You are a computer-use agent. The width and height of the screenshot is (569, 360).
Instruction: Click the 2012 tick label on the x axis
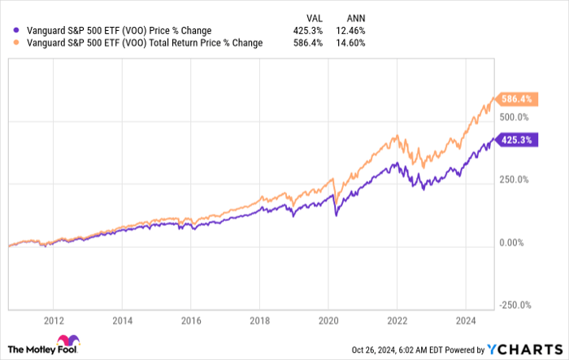[54, 320]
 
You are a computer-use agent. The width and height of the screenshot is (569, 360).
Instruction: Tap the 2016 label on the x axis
[191, 320]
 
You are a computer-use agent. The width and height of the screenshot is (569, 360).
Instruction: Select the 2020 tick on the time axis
[328, 320]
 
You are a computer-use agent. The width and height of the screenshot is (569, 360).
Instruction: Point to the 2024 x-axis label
[466, 320]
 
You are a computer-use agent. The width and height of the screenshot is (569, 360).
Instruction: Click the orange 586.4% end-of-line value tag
[516, 100]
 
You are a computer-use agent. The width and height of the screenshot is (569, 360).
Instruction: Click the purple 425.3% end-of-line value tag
[516, 141]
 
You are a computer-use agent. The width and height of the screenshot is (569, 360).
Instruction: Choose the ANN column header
[356, 16]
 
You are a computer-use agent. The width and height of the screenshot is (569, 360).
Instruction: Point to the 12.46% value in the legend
[350, 30]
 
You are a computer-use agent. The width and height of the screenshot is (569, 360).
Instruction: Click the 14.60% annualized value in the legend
[350, 42]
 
